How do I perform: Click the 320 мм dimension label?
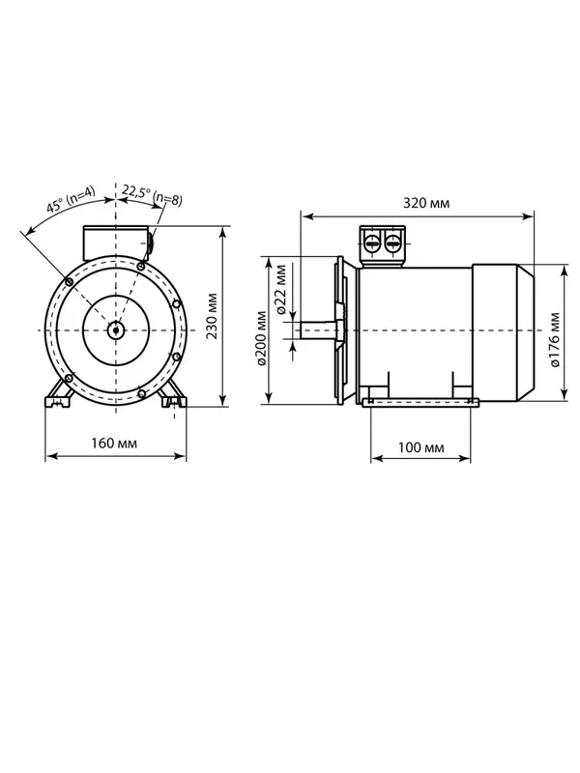click(x=426, y=203)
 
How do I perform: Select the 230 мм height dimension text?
click(x=212, y=316)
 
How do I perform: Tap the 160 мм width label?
click(x=114, y=444)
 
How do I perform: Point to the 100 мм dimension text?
click(x=420, y=447)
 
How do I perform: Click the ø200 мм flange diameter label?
click(x=261, y=338)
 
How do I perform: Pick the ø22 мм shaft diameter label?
click(x=281, y=289)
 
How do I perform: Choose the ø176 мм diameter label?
click(x=555, y=339)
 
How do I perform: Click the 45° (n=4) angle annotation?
click(x=71, y=199)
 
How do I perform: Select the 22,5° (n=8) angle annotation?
click(x=152, y=196)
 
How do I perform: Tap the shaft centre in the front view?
click(x=115, y=329)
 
